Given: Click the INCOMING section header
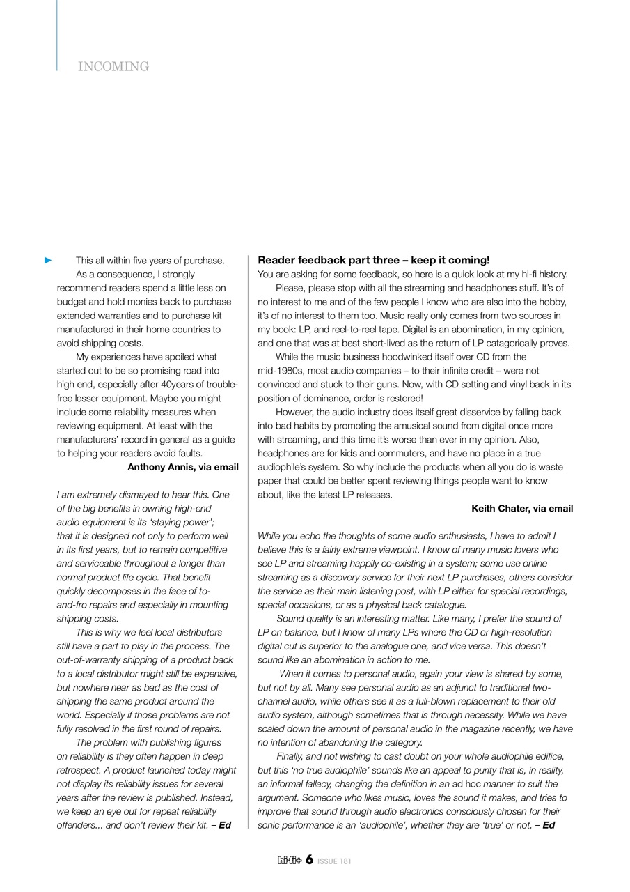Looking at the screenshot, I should click(113, 67).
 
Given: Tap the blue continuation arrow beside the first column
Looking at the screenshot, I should click(48, 261).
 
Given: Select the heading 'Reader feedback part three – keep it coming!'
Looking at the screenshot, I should click(373, 260).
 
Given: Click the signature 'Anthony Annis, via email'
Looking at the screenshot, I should click(182, 468).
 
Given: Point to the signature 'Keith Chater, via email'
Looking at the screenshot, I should click(522, 509).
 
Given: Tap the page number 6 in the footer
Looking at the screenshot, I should click(308, 860).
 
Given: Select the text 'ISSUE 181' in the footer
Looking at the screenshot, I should click(334, 861).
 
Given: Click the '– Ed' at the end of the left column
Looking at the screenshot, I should click(221, 826).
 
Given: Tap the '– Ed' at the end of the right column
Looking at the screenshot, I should click(545, 826).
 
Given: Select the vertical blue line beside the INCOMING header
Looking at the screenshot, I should click(57, 35).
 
